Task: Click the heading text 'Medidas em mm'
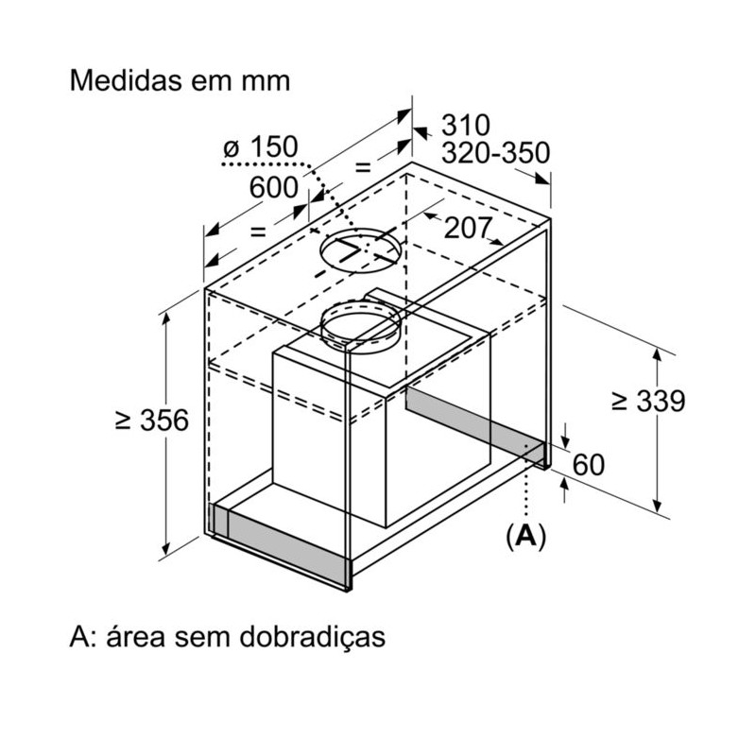click(180, 80)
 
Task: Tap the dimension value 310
click(465, 126)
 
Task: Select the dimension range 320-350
click(495, 153)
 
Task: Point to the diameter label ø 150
click(261, 146)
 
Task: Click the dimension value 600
click(273, 187)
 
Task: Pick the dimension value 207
click(468, 228)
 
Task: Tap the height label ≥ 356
click(152, 420)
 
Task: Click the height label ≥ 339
click(648, 400)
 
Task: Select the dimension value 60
click(588, 465)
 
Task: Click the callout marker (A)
click(525, 535)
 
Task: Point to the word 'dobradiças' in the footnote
click(312, 637)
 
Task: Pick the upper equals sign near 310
click(363, 168)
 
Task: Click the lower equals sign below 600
click(258, 232)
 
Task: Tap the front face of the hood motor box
click(329, 437)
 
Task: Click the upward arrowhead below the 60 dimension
click(565, 486)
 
